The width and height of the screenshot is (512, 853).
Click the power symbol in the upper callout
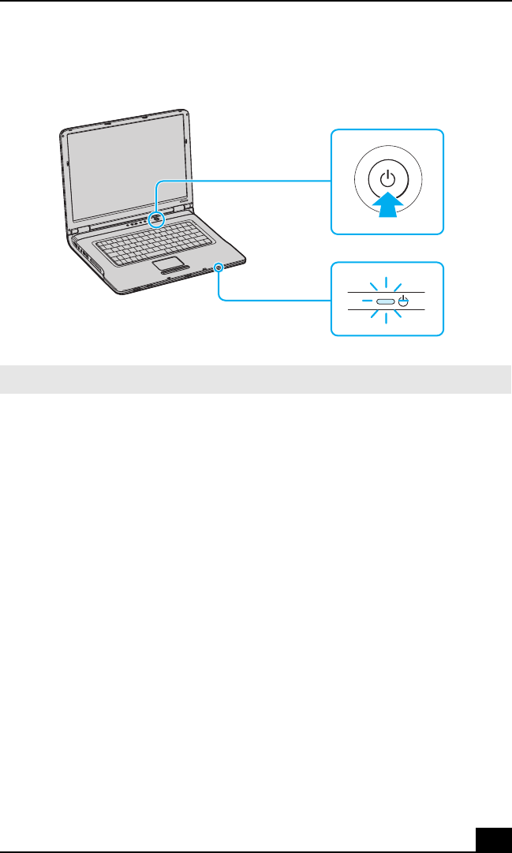387,179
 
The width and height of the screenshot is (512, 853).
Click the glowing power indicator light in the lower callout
385,301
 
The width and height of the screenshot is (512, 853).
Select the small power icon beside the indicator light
403,301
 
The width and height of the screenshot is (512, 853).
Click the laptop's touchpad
170,262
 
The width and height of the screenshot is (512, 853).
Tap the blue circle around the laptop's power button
157,219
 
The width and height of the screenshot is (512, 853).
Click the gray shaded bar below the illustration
256,380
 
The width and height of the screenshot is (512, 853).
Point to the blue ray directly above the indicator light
387,282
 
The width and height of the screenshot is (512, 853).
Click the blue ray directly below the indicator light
387,320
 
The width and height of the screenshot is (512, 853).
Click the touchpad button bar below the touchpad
176,271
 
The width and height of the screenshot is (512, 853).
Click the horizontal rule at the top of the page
256,1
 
